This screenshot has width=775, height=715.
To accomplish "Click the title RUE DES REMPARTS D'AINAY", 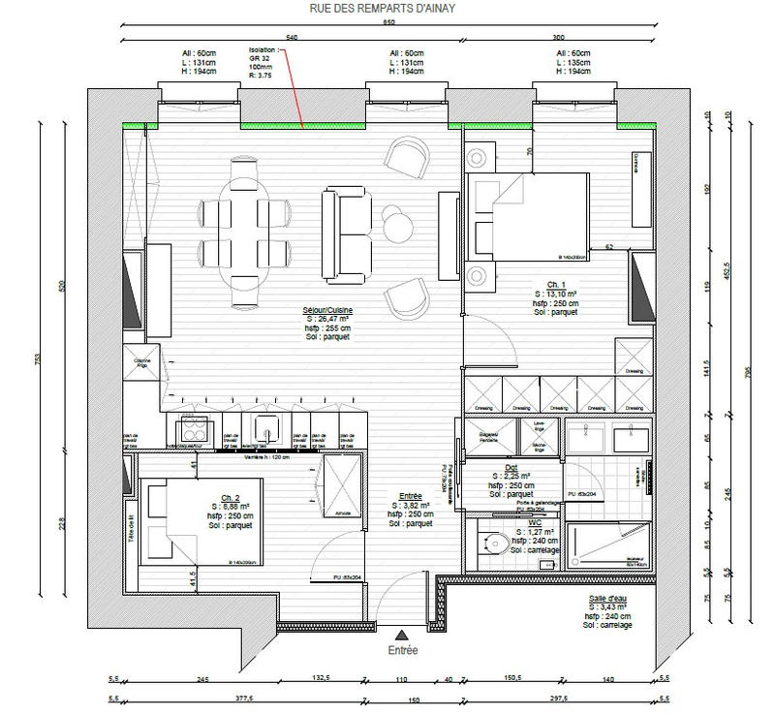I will coord(387,9).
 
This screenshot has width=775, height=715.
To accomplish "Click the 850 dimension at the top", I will coord(387,21).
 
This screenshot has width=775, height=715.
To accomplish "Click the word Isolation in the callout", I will coord(263,47).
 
